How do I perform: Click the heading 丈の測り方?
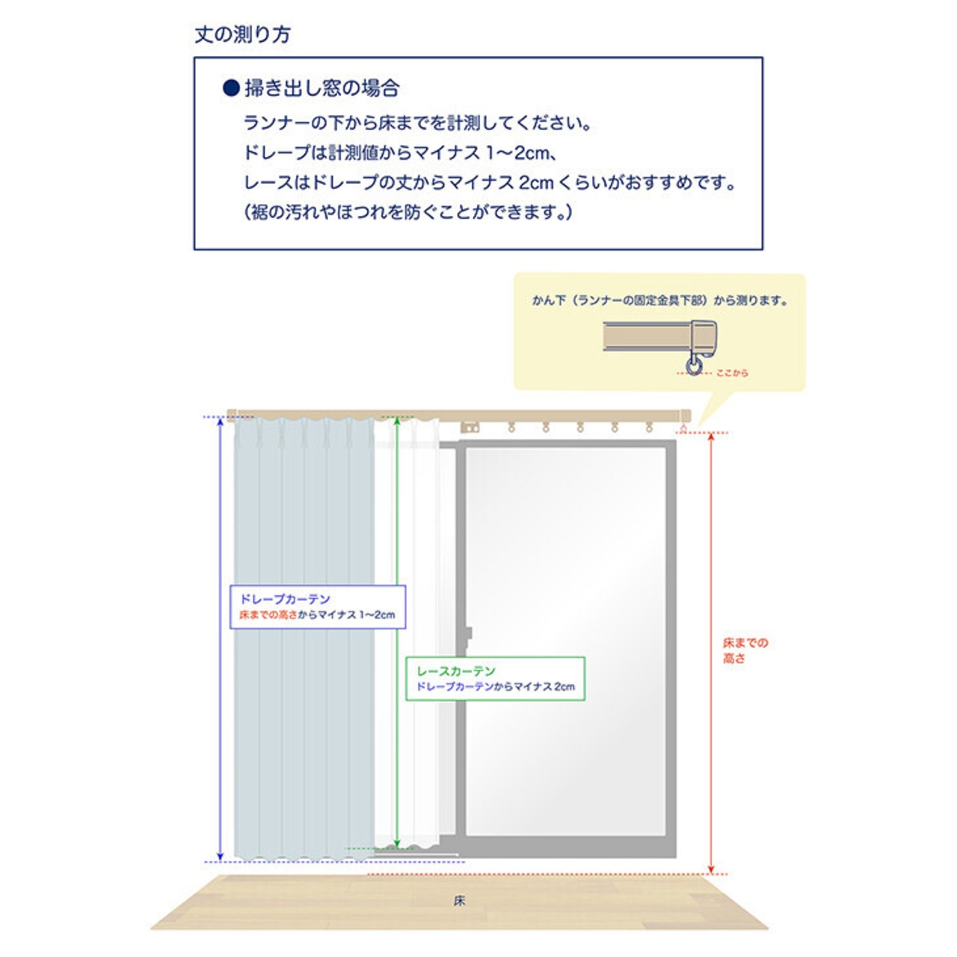pyautogui.click(x=242, y=34)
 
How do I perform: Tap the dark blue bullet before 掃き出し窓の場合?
pyautogui.click(x=231, y=88)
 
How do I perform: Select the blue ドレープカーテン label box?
pyautogui.click(x=317, y=606)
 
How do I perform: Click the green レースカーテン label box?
pyautogui.click(x=495, y=678)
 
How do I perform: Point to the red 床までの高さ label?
pyautogui.click(x=744, y=650)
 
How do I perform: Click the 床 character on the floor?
pyautogui.click(x=459, y=901)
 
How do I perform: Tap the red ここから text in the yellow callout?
pyautogui.click(x=731, y=372)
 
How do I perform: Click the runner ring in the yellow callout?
pyautogui.click(x=695, y=366)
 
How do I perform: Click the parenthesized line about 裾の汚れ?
pyautogui.click(x=408, y=212)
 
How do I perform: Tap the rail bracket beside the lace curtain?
pyautogui.click(x=470, y=428)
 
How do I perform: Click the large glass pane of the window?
pyautogui.click(x=565, y=639)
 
